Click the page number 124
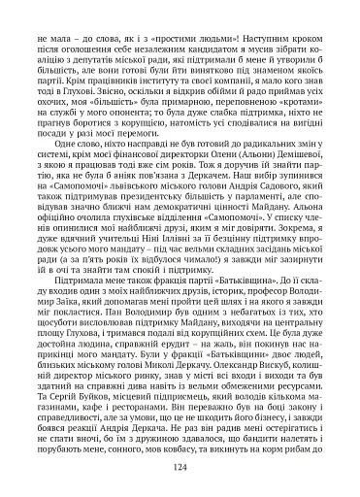(180, 467)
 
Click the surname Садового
(284, 206)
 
